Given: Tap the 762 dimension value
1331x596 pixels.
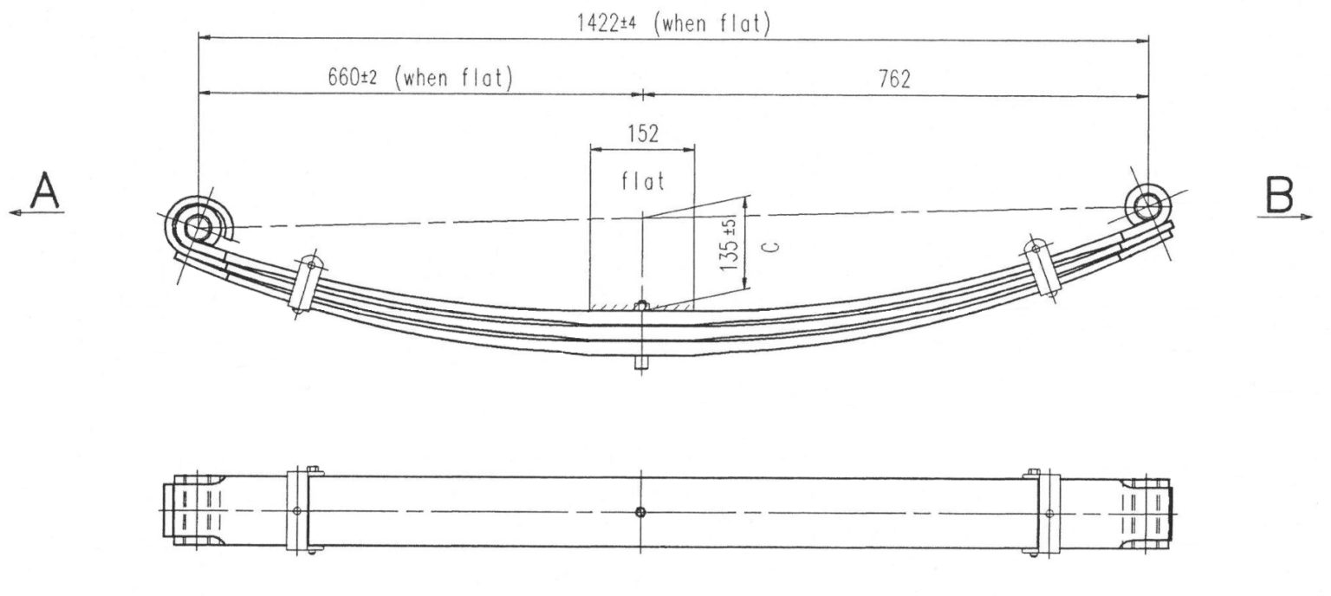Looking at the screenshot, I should tap(893, 79).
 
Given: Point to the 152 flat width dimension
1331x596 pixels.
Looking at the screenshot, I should tap(642, 133).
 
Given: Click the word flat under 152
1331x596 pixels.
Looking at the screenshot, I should tap(642, 182).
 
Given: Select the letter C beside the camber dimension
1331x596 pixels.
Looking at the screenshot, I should tap(774, 246).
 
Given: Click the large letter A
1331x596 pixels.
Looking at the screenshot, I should tap(45, 191).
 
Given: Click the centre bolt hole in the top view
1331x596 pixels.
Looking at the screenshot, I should tap(640, 512).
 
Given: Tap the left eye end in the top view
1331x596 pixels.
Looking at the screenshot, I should tap(185, 511).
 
